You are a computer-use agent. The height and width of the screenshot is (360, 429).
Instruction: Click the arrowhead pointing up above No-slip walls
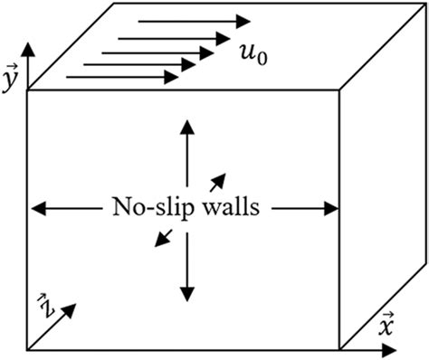[187, 126]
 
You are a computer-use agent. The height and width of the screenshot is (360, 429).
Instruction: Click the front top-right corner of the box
[339, 90]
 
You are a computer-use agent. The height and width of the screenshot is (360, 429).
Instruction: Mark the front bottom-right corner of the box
[339, 349]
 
